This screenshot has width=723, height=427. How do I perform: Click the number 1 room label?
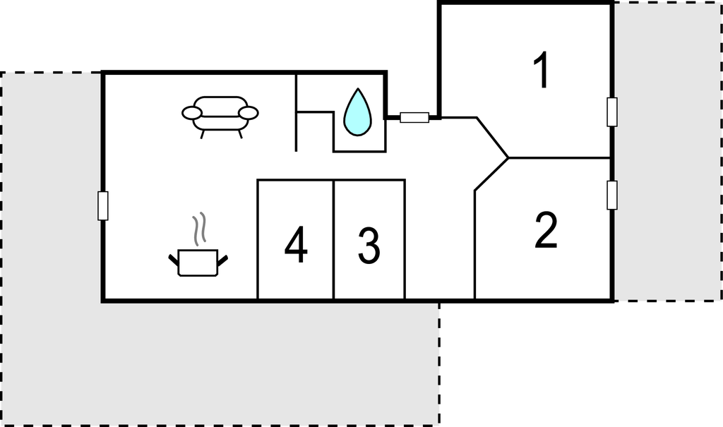point(542,69)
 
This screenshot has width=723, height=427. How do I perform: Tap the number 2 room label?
point(546,230)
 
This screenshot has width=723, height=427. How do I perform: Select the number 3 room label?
point(369,246)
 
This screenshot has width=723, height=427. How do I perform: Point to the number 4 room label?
point(296,245)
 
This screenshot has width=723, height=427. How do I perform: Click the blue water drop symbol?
point(358,112)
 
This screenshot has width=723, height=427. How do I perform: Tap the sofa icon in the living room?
point(220,117)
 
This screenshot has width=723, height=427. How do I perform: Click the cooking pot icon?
point(198,263)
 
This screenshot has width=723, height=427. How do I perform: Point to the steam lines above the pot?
point(199,229)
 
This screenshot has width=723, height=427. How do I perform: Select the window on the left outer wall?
point(103,205)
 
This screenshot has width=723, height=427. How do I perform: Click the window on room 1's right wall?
point(612,112)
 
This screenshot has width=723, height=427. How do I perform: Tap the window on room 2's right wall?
point(612,195)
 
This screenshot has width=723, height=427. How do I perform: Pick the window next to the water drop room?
point(414,118)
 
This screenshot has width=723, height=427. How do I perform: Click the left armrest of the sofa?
point(192,112)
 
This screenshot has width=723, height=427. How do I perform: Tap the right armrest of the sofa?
point(249,112)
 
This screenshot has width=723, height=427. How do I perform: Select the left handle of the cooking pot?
point(174,260)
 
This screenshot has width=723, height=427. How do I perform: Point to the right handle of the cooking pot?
point(222,260)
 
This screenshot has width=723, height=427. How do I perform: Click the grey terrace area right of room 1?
point(668,152)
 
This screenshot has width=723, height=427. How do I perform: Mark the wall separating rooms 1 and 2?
point(560,158)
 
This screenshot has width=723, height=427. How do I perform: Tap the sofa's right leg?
point(240,134)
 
